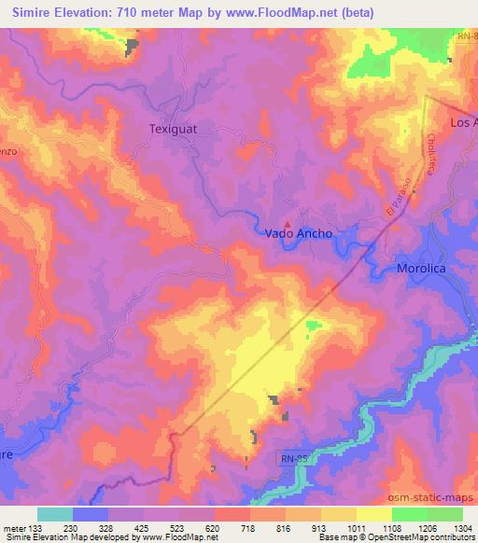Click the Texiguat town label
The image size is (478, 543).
point(175,131)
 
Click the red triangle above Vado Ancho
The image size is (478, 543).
point(288,224)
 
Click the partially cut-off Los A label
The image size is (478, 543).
point(463,122)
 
